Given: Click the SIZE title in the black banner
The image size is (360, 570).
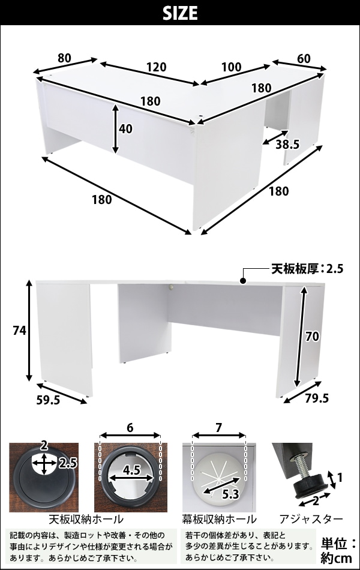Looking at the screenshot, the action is pos(180,13).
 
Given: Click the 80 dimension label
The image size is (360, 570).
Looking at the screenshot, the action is pos(64,58).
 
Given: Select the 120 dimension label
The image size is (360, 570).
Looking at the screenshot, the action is pos(157,67).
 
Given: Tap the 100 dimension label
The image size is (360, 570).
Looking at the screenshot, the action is pos(231,67).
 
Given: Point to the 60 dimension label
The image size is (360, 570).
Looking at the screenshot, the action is pos(304,58).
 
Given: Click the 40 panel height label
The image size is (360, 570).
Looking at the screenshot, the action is pos(126,128).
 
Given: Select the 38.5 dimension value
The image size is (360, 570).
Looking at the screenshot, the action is pos(287,145).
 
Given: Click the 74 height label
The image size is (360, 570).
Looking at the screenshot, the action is pos(19,331).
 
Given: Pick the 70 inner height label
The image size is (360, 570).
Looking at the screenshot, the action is pos(312,337).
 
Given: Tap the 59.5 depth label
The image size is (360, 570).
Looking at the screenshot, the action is pos(49,400).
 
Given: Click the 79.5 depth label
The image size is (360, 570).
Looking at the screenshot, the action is pos(316,398).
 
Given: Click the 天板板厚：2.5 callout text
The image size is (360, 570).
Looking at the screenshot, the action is pos(307,269).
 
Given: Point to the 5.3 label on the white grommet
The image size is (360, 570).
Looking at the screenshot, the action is pos(230,494).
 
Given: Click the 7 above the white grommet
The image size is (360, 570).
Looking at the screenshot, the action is pos(218,428).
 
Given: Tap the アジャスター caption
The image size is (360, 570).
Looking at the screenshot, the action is pos(311,519).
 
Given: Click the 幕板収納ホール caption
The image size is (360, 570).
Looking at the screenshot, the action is pos(219,519).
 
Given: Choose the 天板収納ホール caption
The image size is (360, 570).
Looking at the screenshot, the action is pos(86,519).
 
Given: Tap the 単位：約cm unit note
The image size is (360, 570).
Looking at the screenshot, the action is pos(338,550).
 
